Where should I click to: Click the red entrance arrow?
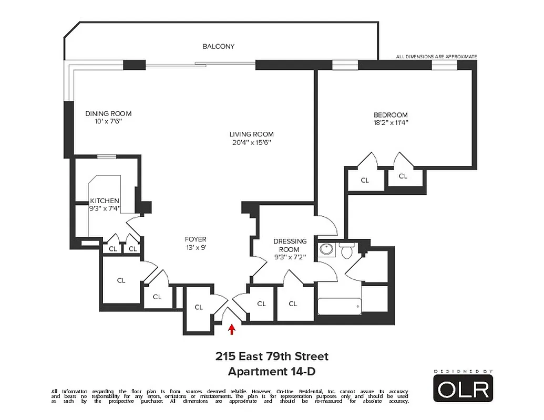click(x=231, y=329)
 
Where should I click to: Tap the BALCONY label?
click(x=219, y=46)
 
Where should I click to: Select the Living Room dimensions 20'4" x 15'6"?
click(x=251, y=142)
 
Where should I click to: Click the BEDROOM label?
click(x=391, y=115)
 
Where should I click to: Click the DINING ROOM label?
click(x=108, y=113)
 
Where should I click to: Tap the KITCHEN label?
click(x=105, y=201)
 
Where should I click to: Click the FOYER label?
click(x=195, y=239)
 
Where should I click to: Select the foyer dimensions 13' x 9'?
click(x=195, y=248)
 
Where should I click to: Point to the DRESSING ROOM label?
click(x=290, y=245)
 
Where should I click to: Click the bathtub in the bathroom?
click(x=340, y=306)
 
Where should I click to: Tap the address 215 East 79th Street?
click(x=272, y=356)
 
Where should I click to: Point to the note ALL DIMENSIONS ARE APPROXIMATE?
click(x=436, y=56)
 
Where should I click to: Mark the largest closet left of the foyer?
click(x=121, y=280)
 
